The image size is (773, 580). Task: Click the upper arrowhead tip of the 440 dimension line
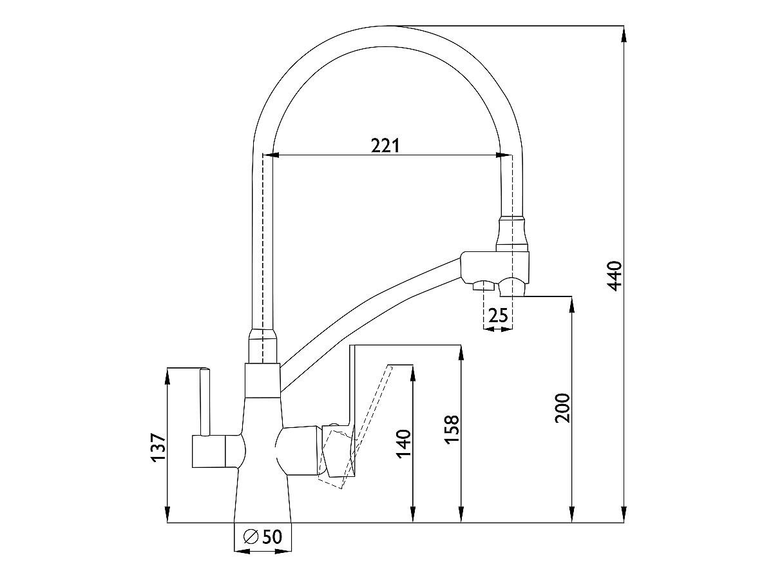tap(624, 26)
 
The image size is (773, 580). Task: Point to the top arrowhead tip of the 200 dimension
tap(571, 297)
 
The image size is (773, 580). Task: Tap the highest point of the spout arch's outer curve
tap(387, 26)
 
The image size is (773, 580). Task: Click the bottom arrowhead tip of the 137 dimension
tap(167, 523)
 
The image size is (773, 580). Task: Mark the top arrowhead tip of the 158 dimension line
tap(461, 345)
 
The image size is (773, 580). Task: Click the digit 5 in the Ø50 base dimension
tap(267, 537)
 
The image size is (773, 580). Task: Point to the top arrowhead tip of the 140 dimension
tap(412, 365)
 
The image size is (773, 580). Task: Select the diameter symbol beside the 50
tap(251, 537)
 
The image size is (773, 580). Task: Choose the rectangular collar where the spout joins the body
tap(262, 380)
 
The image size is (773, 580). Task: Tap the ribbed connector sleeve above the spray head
tap(512, 235)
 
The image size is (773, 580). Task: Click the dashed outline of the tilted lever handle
tap(355, 427)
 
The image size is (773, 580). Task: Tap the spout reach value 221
tap(386, 146)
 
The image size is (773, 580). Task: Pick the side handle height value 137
tap(158, 448)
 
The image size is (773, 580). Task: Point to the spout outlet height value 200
tap(562, 408)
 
